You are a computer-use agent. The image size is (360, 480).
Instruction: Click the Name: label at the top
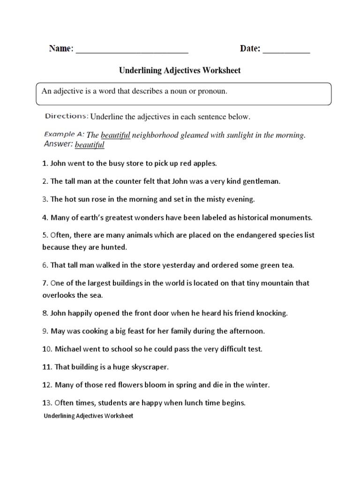[x=61, y=49]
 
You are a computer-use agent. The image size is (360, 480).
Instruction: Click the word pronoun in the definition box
[x=211, y=91]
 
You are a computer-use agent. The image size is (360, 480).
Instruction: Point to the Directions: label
[x=67, y=116]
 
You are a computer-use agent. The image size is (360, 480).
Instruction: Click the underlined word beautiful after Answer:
[x=90, y=145]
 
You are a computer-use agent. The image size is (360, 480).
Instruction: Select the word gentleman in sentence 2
[x=261, y=181]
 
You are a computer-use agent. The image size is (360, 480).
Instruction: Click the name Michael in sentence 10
[x=68, y=349]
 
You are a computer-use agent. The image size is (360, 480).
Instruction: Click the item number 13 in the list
[x=46, y=403]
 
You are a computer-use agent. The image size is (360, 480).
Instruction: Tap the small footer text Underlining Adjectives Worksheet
[x=89, y=416]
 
